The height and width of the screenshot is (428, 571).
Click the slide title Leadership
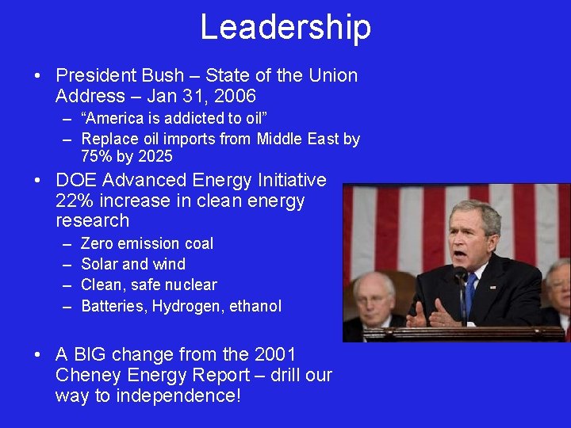pos(285,27)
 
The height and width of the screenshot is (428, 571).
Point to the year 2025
pos(154,156)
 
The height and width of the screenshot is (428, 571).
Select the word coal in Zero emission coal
pos(198,243)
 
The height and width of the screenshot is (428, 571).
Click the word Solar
pos(99,264)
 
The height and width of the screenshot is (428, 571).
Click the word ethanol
pos(255,306)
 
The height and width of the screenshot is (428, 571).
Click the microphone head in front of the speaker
pos(460,273)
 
